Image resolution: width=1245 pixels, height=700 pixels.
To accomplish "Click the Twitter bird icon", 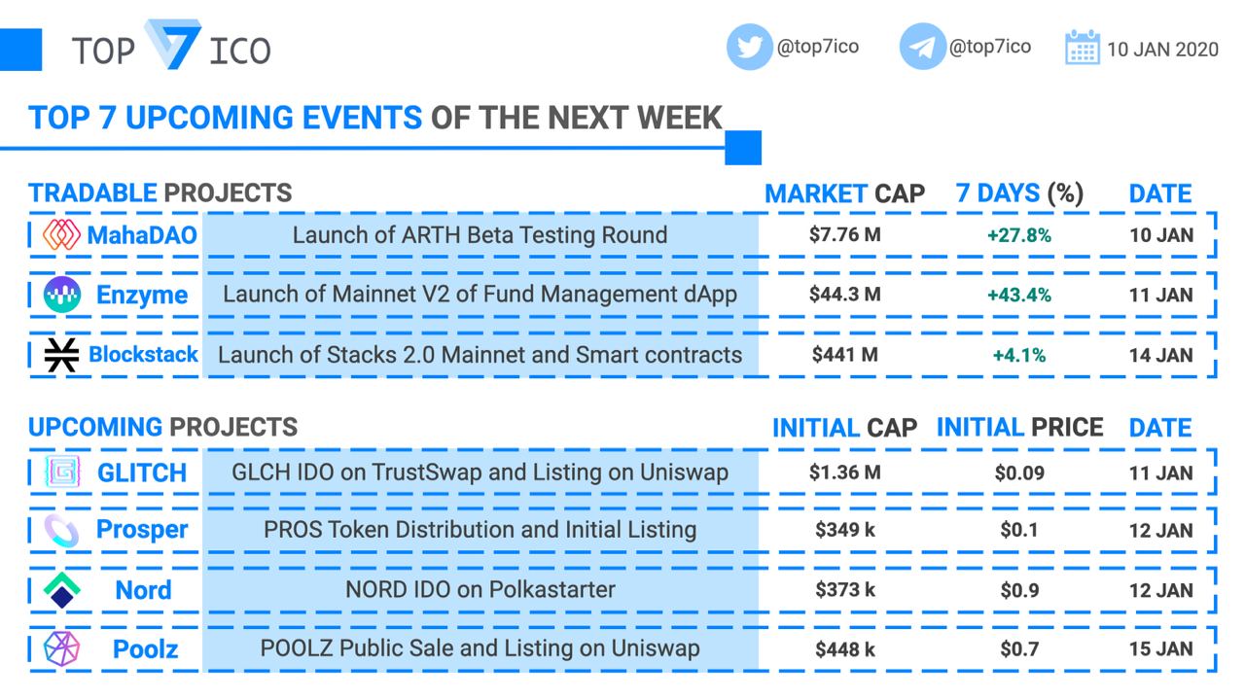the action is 749,47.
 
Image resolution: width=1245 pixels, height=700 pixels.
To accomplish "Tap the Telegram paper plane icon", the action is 922,47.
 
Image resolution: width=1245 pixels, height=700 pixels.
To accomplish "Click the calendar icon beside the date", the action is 1082,48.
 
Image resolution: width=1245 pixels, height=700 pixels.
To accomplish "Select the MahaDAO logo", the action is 61,234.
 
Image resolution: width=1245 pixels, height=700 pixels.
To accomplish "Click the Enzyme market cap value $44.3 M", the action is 845,294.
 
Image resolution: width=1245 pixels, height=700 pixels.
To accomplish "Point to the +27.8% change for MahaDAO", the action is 1018,235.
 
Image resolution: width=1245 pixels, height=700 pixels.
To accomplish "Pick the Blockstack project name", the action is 143,354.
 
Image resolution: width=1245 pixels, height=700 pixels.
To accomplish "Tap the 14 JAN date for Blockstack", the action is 1160,355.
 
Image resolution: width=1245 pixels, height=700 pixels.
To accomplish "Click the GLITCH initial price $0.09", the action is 1019,472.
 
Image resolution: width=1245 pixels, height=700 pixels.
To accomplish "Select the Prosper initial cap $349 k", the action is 845,530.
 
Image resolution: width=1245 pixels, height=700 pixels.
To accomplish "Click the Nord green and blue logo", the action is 61,589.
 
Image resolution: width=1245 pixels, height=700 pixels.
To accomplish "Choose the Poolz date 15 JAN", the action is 1160,648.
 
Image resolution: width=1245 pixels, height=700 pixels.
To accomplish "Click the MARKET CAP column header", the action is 844,193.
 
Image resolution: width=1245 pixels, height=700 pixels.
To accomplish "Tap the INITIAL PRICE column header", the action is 1019,427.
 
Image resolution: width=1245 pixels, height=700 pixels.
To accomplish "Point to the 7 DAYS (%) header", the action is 1019,193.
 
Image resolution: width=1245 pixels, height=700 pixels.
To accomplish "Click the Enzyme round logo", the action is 62,294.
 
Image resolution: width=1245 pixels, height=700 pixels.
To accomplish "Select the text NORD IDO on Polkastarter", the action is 480,589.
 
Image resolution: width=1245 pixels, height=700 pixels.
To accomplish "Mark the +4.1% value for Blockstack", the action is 1018,355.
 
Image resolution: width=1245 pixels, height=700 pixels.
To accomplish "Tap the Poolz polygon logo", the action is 61,648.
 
